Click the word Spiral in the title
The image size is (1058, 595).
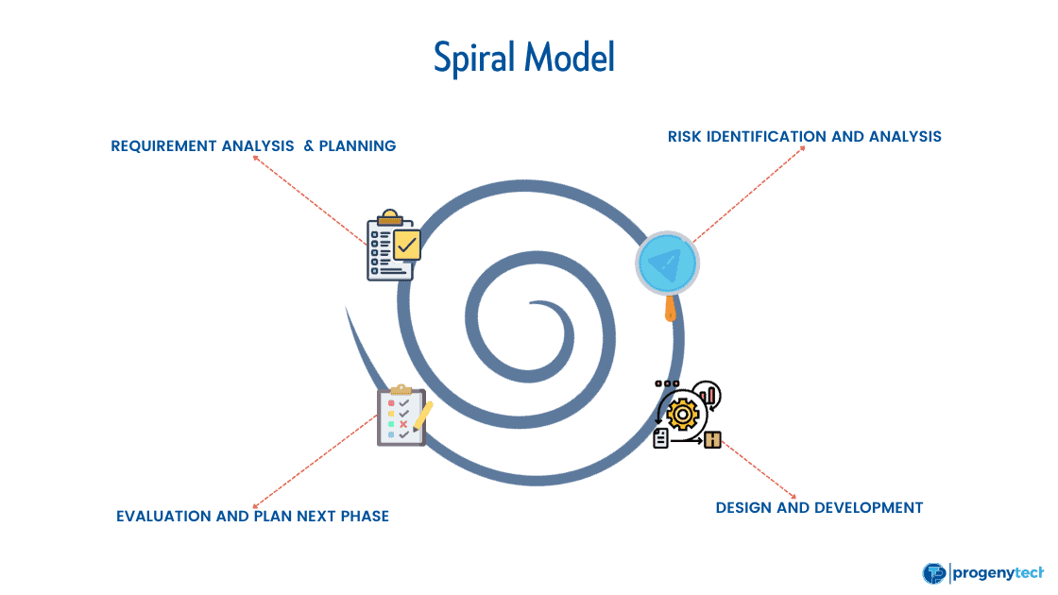(x=476, y=59)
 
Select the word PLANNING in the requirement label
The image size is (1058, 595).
(x=357, y=145)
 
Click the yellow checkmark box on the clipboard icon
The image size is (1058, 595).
(x=407, y=246)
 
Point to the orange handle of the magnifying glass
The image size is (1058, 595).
(x=670, y=309)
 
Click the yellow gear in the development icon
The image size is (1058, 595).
(x=682, y=415)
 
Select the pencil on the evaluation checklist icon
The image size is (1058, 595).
(x=422, y=416)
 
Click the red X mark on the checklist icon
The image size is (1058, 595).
(x=404, y=424)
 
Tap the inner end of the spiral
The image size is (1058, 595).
(x=535, y=304)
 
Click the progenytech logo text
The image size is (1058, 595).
(x=998, y=572)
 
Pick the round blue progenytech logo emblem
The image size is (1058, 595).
(x=933, y=572)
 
